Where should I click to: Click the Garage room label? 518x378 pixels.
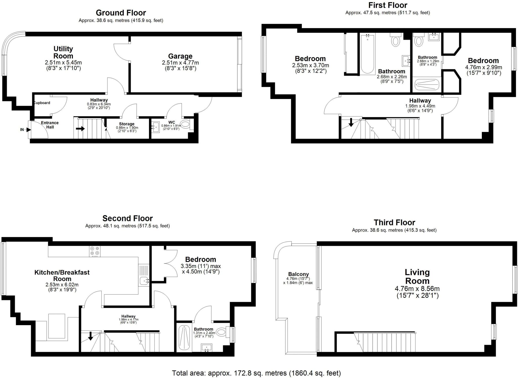(180, 56)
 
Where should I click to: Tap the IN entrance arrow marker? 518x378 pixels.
(28, 130)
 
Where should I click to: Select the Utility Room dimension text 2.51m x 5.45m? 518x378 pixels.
(63, 62)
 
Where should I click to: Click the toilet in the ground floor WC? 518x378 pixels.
(185, 124)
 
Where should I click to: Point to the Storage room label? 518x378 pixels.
(126, 124)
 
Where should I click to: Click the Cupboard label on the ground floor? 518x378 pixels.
(42, 103)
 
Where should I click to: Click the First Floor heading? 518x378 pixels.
(387, 5)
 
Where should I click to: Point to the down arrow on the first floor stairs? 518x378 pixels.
(351, 123)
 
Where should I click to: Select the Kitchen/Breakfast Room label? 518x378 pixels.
(62, 276)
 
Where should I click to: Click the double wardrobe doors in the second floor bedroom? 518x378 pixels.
(171, 264)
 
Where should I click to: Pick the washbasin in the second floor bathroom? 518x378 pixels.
(206, 347)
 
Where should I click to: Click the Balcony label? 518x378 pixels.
(298, 274)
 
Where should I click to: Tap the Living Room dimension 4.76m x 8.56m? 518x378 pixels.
(417, 288)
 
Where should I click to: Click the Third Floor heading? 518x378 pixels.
(394, 223)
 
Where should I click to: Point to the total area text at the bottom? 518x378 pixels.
(256, 373)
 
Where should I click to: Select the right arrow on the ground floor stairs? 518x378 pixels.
(80, 129)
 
